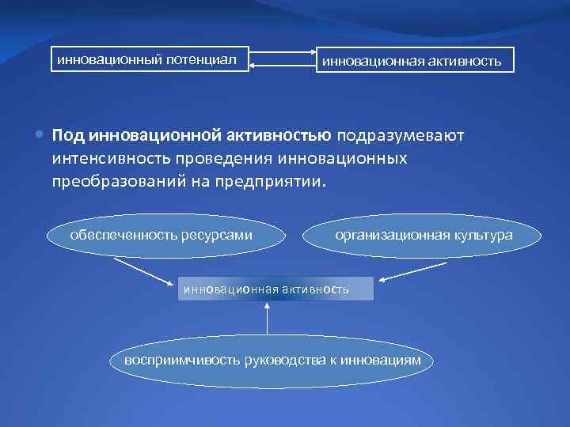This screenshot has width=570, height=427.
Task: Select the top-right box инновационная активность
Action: pyautogui.click(x=411, y=60)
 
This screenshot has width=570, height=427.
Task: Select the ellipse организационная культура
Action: pyautogui.click(x=424, y=235)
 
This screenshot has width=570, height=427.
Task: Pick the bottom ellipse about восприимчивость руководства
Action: pyautogui.click(x=272, y=361)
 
